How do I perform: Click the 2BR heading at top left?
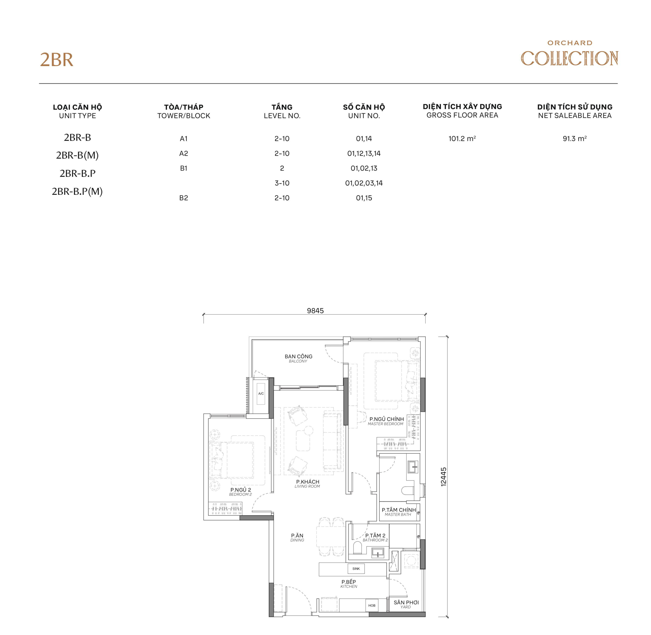[x=56, y=60]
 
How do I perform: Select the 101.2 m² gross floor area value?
[x=462, y=138]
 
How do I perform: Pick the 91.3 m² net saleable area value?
[x=574, y=138]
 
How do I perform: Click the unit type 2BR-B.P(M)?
[x=77, y=192]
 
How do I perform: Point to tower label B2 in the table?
[x=183, y=198]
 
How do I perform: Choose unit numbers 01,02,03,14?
[x=364, y=183]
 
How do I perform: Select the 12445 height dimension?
[x=443, y=477]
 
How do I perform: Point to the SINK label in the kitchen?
[x=356, y=569]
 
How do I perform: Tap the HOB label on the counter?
[x=372, y=605]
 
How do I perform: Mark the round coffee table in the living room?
[x=308, y=430]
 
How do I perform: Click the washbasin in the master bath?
[x=413, y=467]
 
